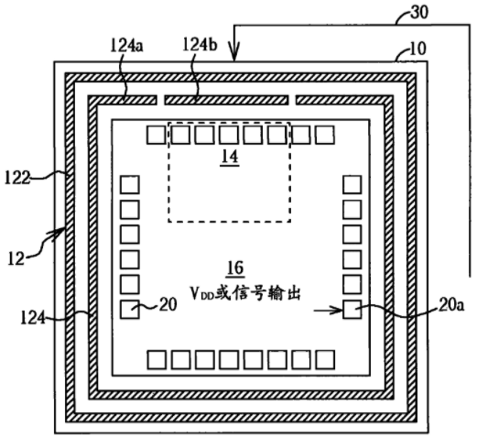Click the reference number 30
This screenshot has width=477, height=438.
click(419, 12)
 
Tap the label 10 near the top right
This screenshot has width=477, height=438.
click(417, 49)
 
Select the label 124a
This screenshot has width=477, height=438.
click(126, 46)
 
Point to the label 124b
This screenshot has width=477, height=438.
click(200, 45)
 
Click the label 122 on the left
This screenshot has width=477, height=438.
click(17, 178)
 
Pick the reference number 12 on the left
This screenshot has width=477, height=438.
click(16, 258)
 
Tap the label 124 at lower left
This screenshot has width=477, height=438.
click(33, 318)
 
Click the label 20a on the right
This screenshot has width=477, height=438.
click(451, 305)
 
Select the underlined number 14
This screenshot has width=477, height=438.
click(230, 157)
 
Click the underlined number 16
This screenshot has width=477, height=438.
click(235, 268)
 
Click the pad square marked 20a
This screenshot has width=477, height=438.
click(352, 310)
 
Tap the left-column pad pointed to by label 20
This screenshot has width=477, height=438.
click(130, 310)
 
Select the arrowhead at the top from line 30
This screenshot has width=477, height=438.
click(234, 54)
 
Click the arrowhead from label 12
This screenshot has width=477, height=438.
click(58, 233)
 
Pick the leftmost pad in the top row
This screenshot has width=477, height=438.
click(157, 135)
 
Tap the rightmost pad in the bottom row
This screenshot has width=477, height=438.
click(325, 359)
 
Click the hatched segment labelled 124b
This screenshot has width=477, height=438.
click(226, 100)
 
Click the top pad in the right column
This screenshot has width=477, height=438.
click(352, 184)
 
